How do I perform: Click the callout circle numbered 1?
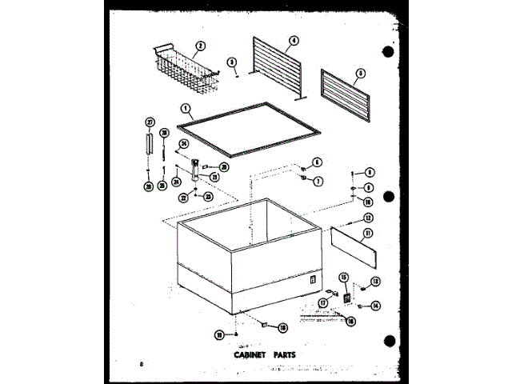coord(185,108)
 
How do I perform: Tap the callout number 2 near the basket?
coord(201,46)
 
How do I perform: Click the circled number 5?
coord(360,72)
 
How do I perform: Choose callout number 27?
coord(150,121)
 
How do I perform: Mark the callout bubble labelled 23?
coord(208,196)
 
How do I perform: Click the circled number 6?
coord(317,162)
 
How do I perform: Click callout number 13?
coord(375,282)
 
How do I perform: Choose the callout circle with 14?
coord(374,306)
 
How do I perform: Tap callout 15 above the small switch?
coord(345,278)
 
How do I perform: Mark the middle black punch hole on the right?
coord(388,197)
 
